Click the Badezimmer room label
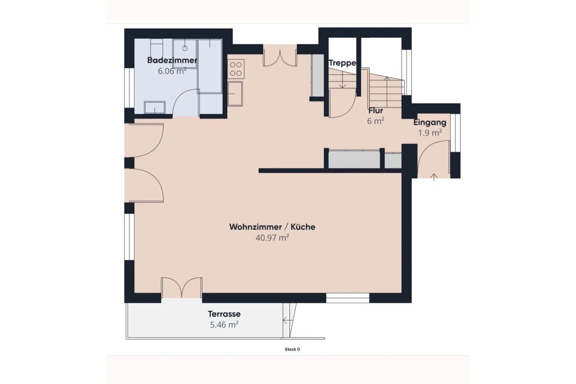point(172,60)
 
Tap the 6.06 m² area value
point(172,71)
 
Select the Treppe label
point(342,63)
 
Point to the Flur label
point(376,110)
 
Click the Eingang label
point(430,123)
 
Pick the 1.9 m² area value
point(430,133)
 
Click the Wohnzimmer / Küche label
point(272,227)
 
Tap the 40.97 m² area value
point(272,238)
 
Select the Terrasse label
point(224,314)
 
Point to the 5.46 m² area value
point(224,324)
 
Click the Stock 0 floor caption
point(292,349)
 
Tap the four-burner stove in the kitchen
point(236,69)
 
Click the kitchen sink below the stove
point(235,94)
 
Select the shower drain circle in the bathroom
point(185,48)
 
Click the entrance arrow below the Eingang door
point(434,177)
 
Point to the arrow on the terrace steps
point(288,321)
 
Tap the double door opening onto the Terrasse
point(182,288)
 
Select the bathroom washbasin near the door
point(154,107)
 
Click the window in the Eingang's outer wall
point(455,133)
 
